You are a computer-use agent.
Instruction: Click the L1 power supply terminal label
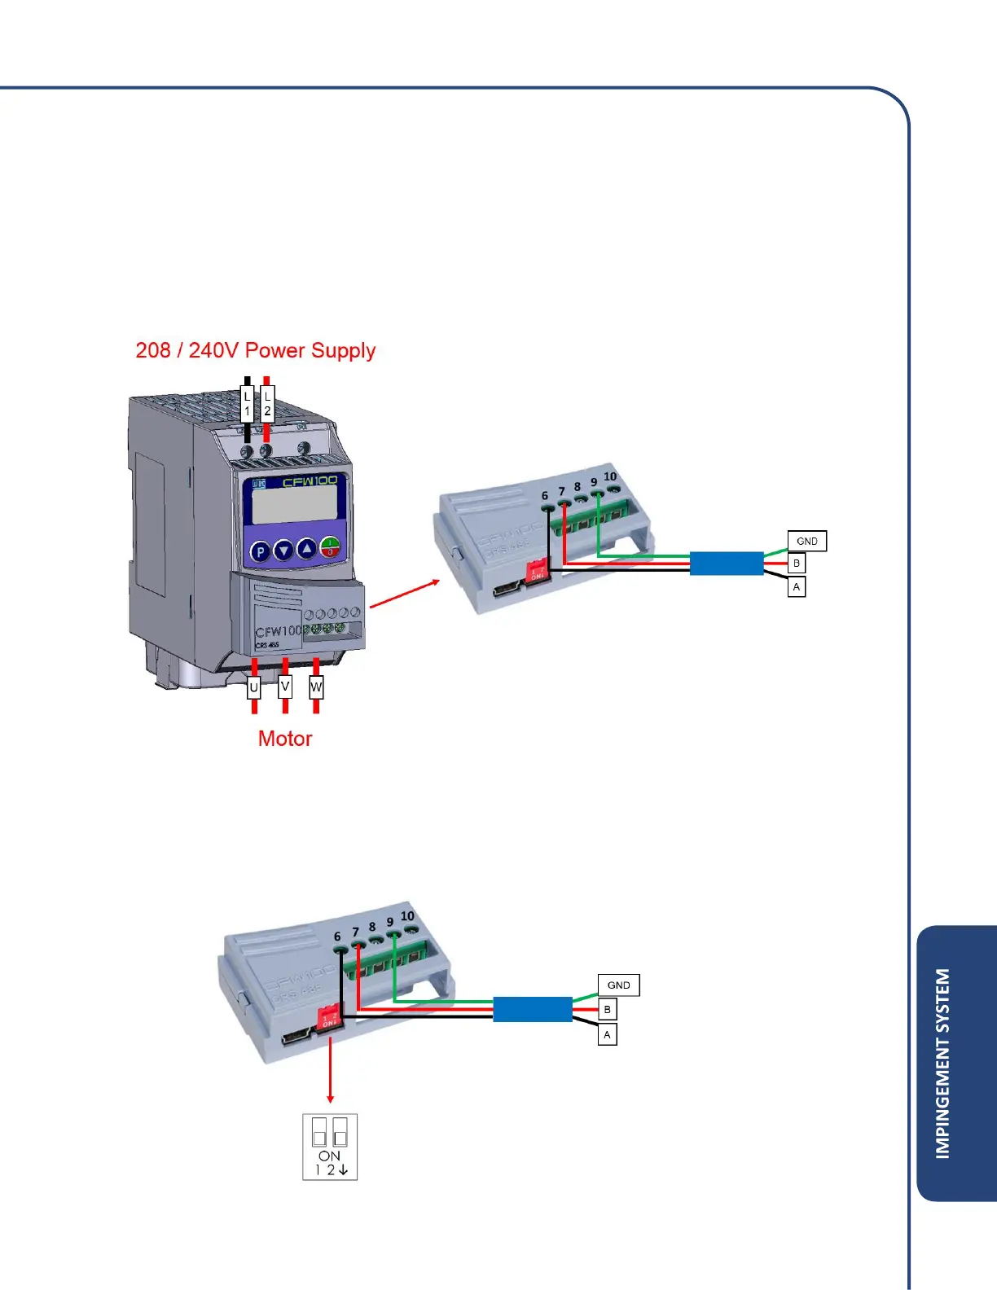[248, 404]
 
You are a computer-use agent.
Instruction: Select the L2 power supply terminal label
[267, 404]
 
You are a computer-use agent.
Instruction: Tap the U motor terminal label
[254, 688]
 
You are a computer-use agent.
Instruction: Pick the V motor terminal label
[285, 687]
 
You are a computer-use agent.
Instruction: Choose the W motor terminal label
[316, 687]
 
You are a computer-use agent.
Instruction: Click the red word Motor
[285, 739]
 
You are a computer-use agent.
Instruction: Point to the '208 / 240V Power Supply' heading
[255, 350]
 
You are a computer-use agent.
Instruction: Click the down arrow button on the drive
[283, 551]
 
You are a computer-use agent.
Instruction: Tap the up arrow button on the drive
[306, 549]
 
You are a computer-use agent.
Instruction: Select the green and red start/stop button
[330, 546]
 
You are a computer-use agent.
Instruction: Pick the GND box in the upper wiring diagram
[807, 541]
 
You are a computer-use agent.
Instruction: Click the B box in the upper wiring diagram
[797, 564]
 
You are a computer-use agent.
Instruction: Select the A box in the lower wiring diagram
[607, 1035]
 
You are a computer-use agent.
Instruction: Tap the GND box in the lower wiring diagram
[618, 985]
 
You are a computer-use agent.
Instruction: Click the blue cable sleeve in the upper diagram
[727, 564]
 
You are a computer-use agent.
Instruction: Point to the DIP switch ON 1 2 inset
[330, 1147]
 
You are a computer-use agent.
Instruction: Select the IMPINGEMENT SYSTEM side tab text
[942, 1063]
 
